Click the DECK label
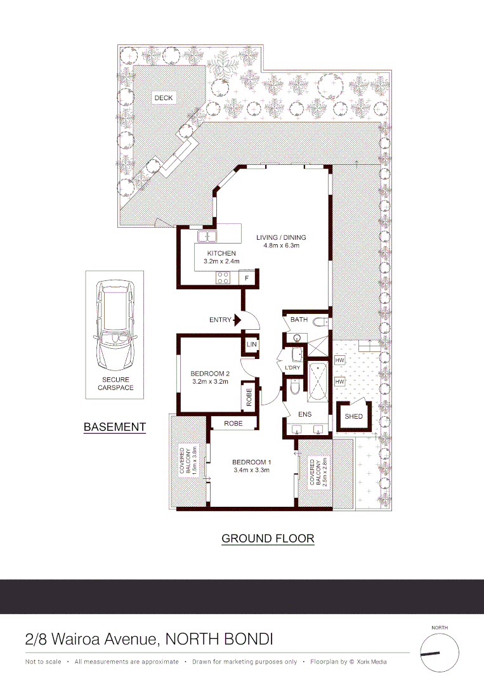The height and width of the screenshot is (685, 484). (163, 98)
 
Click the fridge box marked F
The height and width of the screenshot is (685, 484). (247, 277)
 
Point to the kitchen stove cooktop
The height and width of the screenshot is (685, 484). (223, 277)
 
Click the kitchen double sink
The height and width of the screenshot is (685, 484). (207, 237)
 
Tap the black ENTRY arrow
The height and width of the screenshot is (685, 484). (238, 320)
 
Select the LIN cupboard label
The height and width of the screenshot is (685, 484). (251, 344)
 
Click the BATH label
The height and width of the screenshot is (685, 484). (299, 320)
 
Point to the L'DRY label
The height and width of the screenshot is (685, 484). (292, 368)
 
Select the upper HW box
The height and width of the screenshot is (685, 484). (339, 360)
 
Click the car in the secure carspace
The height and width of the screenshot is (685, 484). (115, 327)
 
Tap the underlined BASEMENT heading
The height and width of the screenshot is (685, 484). (115, 427)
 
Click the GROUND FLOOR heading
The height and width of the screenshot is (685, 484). (268, 538)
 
